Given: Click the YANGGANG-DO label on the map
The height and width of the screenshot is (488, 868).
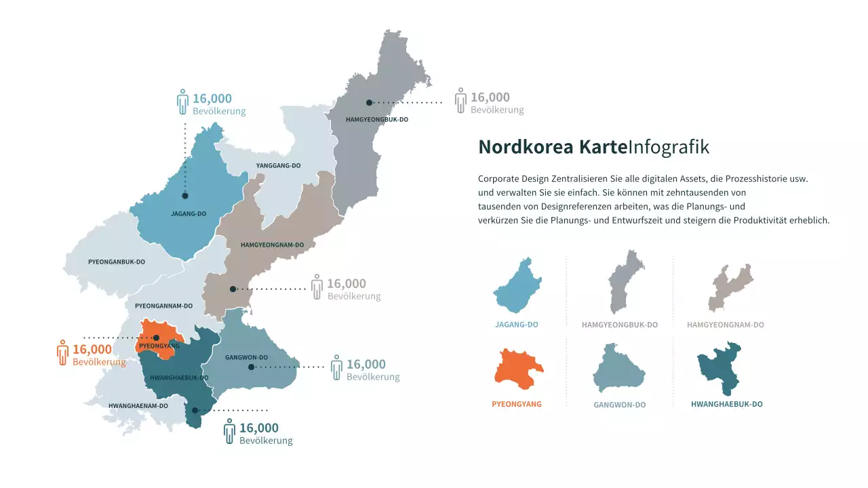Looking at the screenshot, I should tap(278, 165).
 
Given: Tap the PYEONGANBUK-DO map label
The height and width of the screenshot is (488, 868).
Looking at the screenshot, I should tap(117, 262).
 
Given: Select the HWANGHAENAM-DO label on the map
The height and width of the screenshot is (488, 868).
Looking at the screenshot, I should tap(138, 406).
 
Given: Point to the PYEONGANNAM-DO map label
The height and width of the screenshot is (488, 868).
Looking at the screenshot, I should tap(159, 306).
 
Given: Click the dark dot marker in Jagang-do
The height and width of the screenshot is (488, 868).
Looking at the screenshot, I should tap(184, 196).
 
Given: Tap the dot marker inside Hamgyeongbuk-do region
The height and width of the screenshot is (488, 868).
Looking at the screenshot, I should tap(369, 103).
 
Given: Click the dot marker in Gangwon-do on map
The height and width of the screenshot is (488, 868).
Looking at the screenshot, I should tap(251, 367).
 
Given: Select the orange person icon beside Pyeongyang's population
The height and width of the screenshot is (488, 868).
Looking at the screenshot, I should tap(63, 352).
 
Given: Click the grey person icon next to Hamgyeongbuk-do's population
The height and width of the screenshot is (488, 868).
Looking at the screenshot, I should tap(460, 100).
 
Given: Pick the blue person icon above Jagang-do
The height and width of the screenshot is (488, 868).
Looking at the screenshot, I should tap(182, 102).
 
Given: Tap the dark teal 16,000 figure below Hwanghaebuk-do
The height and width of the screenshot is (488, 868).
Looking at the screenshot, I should tap(258, 428).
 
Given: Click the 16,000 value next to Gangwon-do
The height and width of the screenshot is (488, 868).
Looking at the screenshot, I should tap(366, 364).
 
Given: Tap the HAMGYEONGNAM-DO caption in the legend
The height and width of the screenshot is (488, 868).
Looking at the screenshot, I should tap(725, 325).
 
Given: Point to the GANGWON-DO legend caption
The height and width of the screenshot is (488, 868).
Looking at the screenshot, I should tap(619, 405).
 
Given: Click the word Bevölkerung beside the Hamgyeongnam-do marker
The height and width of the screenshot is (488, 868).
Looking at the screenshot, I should tap(353, 296).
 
